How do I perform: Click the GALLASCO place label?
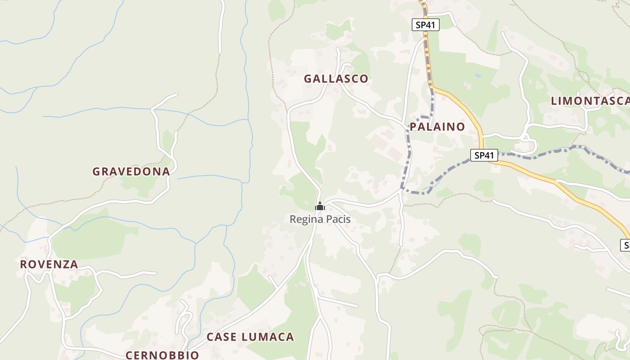336,79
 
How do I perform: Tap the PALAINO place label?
437,127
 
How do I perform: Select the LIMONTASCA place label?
590,101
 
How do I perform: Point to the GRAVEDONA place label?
131,171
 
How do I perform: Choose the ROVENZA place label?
49,264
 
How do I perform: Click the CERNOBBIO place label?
162,355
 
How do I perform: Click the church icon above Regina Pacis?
320,207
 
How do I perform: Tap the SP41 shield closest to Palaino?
484,156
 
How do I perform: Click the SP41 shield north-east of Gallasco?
425,25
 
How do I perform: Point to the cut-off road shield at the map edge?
625,245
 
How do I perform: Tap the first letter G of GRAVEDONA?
96,171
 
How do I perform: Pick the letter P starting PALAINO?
413,127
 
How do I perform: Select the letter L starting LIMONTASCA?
554,101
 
